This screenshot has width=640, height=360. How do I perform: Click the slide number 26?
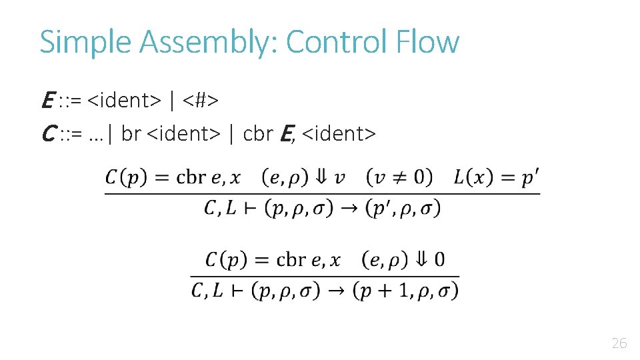click(x=619, y=344)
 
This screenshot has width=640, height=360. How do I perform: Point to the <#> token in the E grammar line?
click(x=201, y=101)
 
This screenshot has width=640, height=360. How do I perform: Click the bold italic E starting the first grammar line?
click(x=47, y=101)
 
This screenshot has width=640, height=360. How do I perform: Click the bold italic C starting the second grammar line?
click(x=47, y=135)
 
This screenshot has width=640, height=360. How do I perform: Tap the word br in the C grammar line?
click(x=131, y=135)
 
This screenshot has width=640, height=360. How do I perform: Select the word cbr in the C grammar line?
click(x=258, y=135)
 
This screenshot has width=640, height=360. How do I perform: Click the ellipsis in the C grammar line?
click(x=96, y=136)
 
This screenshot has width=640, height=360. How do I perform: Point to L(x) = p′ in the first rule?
click(x=496, y=177)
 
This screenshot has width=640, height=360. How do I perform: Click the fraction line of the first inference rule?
click(x=322, y=194)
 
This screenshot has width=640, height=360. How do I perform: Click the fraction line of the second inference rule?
click(x=325, y=275)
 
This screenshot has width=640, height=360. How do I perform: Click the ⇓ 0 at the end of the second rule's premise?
click(x=431, y=259)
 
